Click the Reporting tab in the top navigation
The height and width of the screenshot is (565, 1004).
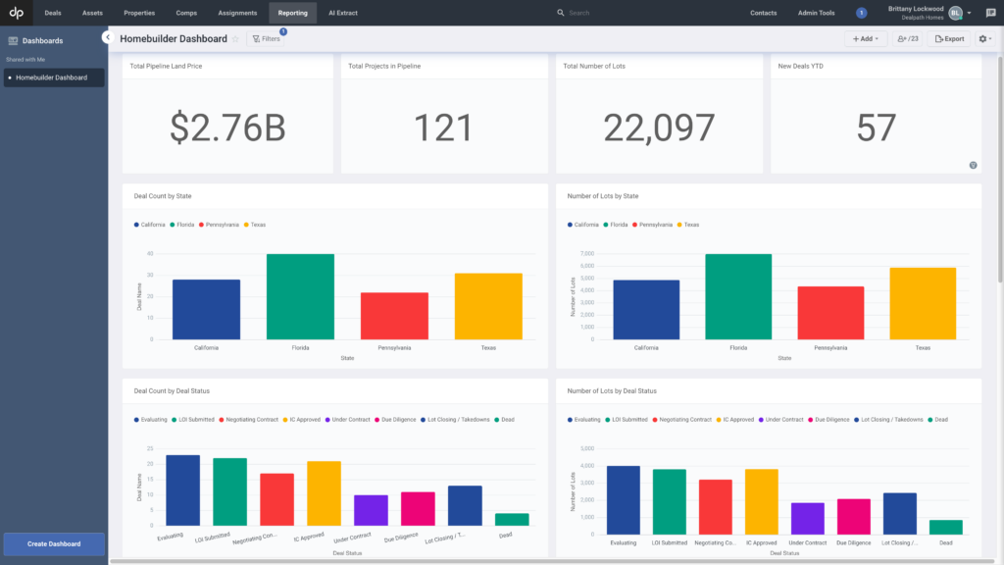tap(292, 13)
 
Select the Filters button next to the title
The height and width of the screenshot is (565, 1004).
tap(267, 38)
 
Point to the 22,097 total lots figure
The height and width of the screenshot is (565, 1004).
tap(659, 128)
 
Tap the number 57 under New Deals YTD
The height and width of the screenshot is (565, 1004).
tap(876, 128)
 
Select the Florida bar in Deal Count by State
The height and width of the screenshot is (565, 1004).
tap(300, 296)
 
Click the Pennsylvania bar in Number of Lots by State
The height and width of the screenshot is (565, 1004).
tap(830, 313)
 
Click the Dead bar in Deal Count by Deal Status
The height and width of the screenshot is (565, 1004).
tap(511, 520)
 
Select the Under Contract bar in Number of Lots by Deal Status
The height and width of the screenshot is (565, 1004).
tap(807, 517)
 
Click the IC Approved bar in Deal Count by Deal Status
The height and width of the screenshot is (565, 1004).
tap(324, 493)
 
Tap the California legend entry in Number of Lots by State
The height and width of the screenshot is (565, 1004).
tap(585, 225)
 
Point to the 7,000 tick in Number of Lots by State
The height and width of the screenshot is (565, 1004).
tap(587, 254)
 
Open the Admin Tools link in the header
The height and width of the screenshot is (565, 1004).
tap(816, 13)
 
